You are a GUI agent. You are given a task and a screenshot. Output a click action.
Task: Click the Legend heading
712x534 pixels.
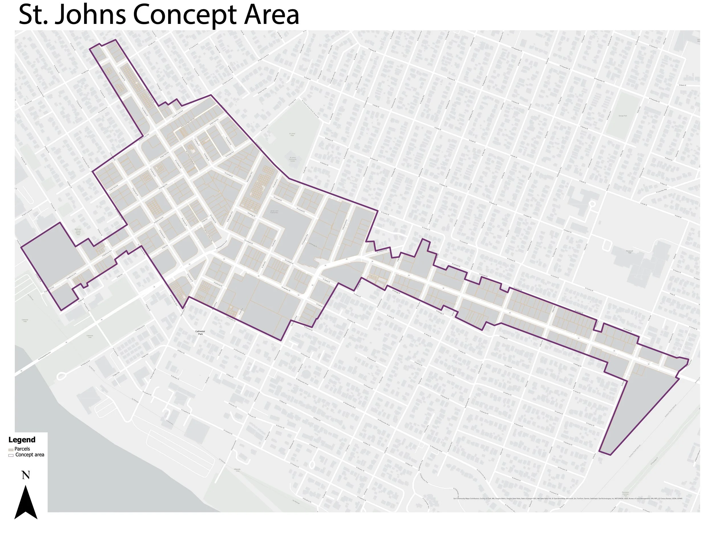click(22, 440)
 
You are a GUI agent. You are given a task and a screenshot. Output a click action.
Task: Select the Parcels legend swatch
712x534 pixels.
click(11, 449)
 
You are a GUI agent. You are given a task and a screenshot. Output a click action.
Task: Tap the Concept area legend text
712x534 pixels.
click(30, 455)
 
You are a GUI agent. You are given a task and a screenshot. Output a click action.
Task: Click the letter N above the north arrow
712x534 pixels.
click(26, 475)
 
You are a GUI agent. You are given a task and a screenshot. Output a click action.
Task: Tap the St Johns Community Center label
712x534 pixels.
click(292, 159)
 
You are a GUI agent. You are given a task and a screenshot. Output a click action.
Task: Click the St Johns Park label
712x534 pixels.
click(292, 134)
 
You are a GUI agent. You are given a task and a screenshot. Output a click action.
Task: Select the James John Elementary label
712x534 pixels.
click(274, 212)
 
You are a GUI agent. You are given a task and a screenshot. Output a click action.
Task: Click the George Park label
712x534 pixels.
click(623, 116)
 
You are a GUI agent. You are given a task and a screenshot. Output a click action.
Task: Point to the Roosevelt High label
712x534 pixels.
click(630, 251)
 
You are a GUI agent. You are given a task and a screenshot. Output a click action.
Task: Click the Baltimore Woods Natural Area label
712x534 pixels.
click(78, 232)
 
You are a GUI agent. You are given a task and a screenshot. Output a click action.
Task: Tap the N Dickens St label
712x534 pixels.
click(324, 163)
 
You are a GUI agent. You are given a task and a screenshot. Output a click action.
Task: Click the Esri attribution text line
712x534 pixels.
click(568, 499)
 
